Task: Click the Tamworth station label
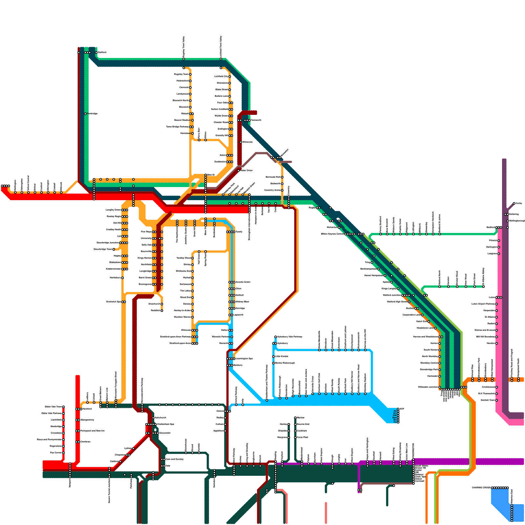pos(256,120)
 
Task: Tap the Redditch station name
pos(155,310)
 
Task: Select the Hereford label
pos(87,409)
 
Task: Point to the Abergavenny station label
pos(87,420)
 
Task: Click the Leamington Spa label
pos(244,359)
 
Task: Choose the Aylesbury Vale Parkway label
pos(290,337)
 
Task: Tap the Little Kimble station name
pos(282,356)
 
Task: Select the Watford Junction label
pos(392,295)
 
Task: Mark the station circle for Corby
pos(514,203)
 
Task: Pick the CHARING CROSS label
pos(481,488)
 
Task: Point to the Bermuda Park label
pos(273,177)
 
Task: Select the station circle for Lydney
pos(133,449)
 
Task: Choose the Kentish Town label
pos(488,400)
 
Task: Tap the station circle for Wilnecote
pos(241,142)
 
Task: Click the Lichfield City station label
pos(221,76)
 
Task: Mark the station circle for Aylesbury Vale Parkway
pos(276,337)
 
